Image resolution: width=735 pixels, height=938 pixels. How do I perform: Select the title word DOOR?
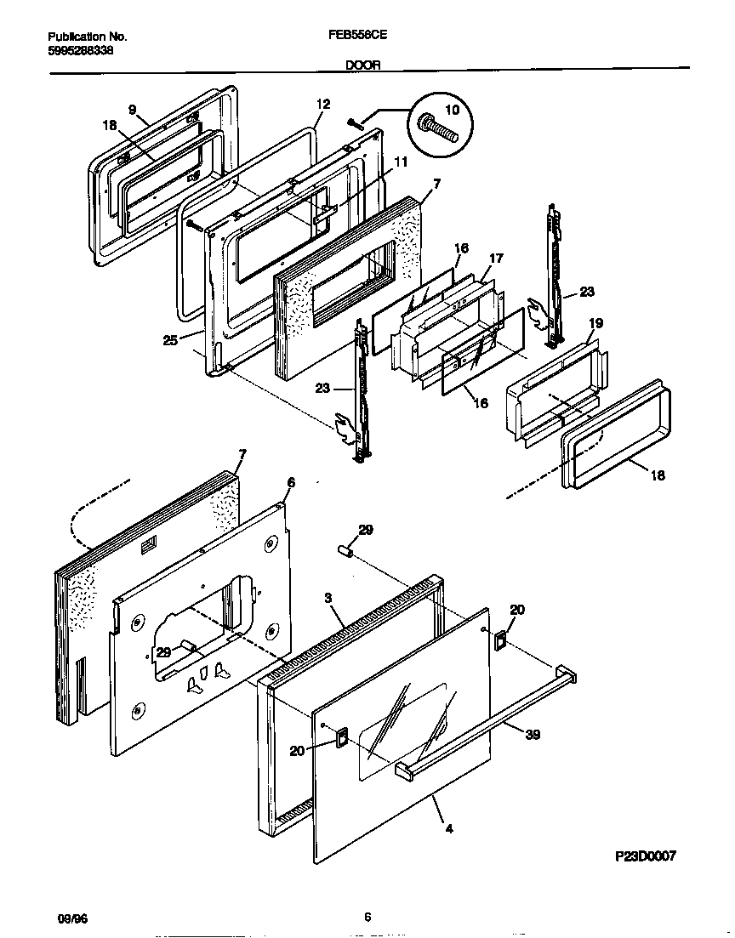point(364,64)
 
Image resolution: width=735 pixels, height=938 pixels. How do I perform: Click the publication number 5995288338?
point(81,51)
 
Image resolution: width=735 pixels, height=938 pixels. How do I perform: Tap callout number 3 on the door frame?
point(328,598)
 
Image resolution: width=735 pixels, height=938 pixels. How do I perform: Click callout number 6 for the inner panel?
point(291,482)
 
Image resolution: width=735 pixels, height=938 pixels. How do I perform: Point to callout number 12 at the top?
point(322,105)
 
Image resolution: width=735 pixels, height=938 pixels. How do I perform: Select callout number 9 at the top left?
point(132,109)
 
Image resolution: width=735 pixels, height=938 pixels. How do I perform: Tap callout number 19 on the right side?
point(595,323)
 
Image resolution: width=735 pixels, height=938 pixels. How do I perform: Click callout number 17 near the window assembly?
point(496,258)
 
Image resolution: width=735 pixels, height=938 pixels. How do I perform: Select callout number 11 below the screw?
point(400,161)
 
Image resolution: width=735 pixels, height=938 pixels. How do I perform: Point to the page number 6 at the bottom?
point(367,917)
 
